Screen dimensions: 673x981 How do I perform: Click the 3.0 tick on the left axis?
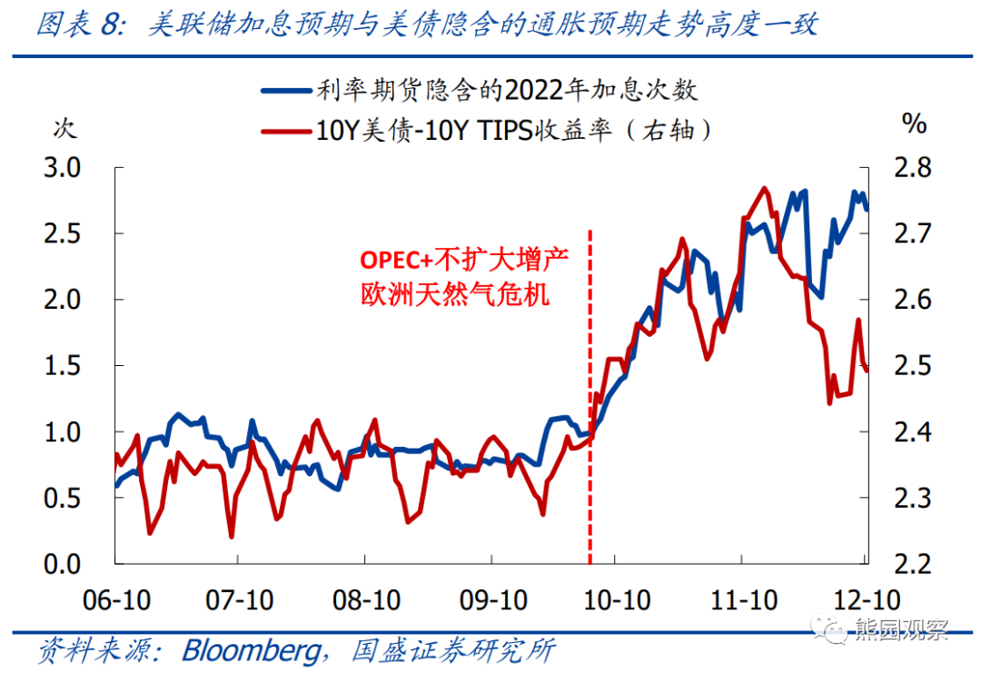[63, 168]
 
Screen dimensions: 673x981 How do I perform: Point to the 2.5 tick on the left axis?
[63, 234]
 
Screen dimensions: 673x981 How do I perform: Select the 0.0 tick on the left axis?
[63, 565]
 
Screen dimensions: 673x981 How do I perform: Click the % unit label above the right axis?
[914, 124]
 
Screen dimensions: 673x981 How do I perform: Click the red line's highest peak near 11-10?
[765, 189]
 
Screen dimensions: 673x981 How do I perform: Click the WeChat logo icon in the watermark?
[834, 628]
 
